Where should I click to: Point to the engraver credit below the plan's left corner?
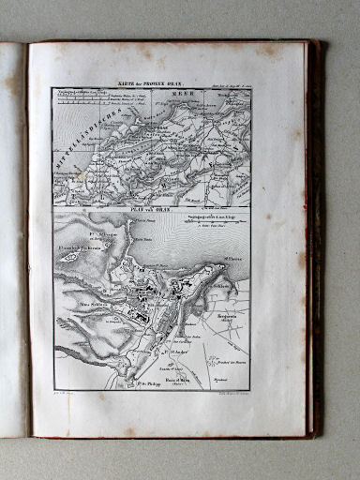click(71, 397)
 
